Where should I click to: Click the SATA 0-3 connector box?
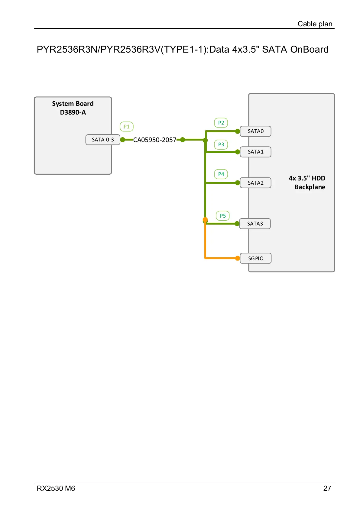point(103,140)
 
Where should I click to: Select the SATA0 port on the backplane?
point(255,131)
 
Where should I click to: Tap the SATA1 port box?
point(255,152)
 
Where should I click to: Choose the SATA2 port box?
point(255,183)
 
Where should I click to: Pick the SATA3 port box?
point(255,224)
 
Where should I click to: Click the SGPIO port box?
point(255,258)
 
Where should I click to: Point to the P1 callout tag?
point(127,127)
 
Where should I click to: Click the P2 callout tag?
point(221,123)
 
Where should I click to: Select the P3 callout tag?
point(221,144)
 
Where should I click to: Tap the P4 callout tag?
point(221,174)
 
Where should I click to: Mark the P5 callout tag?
point(223,216)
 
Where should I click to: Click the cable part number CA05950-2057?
point(155,140)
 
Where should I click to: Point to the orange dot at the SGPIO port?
point(238,258)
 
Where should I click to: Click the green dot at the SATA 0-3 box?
point(123,140)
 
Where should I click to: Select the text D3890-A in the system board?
point(73,112)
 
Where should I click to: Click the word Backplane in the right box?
point(310,187)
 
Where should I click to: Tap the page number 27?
point(327,488)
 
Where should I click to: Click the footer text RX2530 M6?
point(56,488)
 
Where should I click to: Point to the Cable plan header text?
point(315,24)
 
